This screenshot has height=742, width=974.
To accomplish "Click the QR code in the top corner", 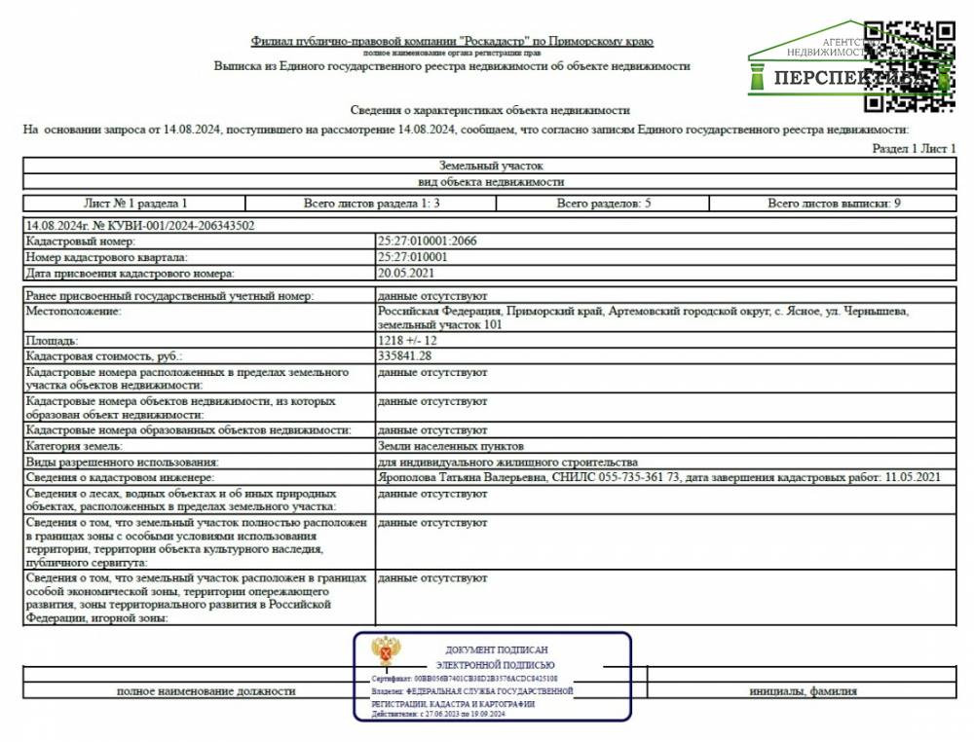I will click(x=910, y=64).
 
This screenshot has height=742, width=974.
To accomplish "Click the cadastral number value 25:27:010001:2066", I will click(x=428, y=241).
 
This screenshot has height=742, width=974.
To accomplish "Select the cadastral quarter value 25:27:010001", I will click(x=413, y=257).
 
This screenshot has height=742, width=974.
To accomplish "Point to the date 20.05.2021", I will click(x=404, y=274).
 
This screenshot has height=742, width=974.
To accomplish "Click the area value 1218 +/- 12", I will click(x=408, y=342).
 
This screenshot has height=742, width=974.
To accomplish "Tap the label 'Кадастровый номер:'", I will click(x=81, y=241).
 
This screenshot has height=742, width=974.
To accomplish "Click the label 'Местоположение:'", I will click(x=73, y=311).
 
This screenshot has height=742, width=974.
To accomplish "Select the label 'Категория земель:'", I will click(x=76, y=446).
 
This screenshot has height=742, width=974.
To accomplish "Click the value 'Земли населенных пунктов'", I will click(x=442, y=446).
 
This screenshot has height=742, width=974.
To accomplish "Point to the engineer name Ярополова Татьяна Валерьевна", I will click(x=462, y=477).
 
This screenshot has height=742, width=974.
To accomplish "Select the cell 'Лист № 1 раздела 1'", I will click(x=135, y=204).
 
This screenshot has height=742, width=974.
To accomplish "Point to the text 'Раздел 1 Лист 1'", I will click(x=915, y=148).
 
